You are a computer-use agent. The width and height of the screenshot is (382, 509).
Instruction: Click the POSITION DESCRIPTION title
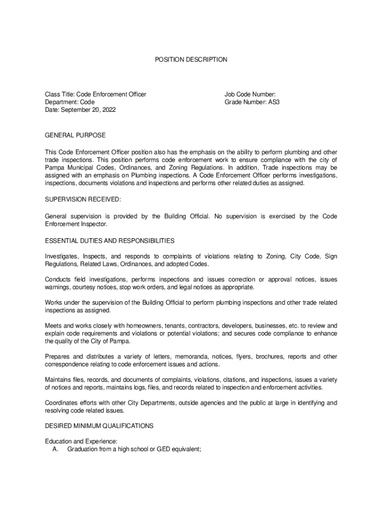[191, 60]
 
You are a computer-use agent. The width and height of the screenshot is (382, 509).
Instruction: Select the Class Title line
[95, 94]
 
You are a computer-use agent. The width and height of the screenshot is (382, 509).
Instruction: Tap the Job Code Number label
[250, 94]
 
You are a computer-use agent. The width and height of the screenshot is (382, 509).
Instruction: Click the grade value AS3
[274, 102]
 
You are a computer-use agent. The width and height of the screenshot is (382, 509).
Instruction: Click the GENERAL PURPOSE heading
[75, 135]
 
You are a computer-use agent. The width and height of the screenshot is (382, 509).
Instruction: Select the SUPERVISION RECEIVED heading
[83, 199]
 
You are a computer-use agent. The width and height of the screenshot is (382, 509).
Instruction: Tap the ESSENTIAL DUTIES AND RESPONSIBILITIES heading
[110, 241]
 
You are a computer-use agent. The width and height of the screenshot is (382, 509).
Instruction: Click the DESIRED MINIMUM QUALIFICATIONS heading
[99, 426]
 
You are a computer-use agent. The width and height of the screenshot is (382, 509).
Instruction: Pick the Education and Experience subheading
[81, 441]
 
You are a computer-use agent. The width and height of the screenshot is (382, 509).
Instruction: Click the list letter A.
[56, 449]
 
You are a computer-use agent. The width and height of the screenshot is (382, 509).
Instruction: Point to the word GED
[164, 449]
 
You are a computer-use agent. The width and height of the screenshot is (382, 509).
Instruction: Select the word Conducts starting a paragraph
[58, 279]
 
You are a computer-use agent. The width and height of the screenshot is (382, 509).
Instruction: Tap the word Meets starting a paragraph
[54, 326]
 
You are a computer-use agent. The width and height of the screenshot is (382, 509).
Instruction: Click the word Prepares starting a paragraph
[58, 356]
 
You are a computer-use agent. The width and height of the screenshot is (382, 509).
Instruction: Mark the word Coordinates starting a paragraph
[62, 403]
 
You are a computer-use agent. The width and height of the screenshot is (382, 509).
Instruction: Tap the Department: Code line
[70, 102]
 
